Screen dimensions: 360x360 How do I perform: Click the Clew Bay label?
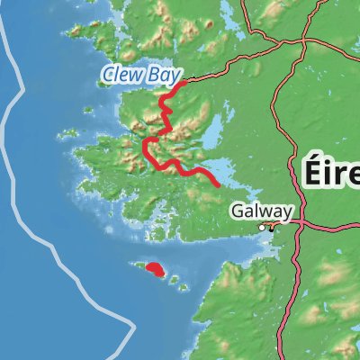pos(141,74)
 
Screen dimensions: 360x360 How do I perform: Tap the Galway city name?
pos(261,211)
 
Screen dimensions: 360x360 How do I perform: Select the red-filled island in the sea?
pos(154,267)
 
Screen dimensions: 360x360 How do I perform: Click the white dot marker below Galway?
pos(263,228)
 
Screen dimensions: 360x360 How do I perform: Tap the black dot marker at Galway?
pos(271,229)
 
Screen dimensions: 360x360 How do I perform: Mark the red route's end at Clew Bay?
pos(184,84)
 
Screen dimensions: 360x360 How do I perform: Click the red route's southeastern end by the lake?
pos(218,184)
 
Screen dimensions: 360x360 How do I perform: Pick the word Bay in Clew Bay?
pos(166,74)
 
